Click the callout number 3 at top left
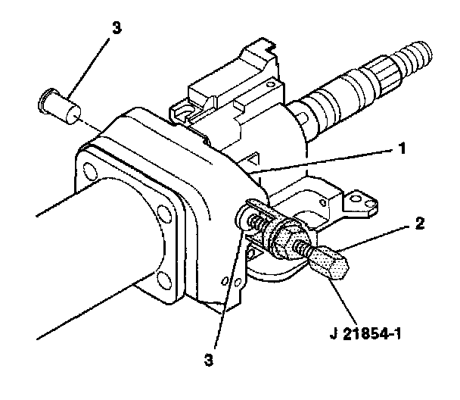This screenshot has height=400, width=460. (x=117, y=28)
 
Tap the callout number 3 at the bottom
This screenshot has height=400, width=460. (x=209, y=360)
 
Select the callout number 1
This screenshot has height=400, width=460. (x=402, y=148)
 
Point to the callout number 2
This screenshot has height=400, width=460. (x=420, y=223)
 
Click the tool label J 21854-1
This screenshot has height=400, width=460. (x=365, y=334)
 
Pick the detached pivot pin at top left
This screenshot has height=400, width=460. (x=60, y=106)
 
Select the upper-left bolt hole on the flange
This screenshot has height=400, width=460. (x=90, y=171)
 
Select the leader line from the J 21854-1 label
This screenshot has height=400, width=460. (x=343, y=298)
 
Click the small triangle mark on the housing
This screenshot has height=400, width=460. (x=253, y=161)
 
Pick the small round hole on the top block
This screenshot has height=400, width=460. (x=270, y=85)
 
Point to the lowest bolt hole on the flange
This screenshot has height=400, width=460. (x=163, y=280)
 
